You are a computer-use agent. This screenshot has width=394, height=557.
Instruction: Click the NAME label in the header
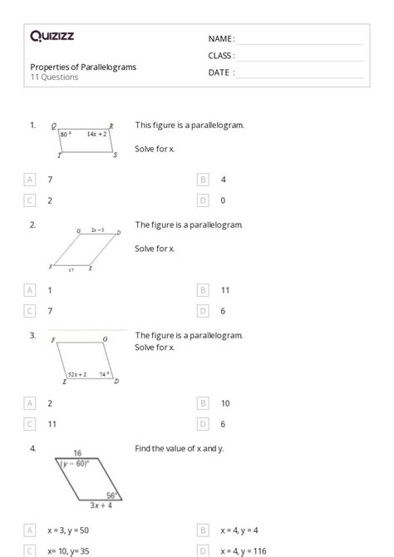point(220,39)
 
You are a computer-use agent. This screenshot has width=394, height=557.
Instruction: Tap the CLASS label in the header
point(221,56)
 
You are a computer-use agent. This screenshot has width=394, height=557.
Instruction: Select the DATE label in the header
point(220,72)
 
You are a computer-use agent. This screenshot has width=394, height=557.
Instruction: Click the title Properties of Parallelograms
point(83,67)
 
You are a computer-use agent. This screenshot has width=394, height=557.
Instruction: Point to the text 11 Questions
point(54,77)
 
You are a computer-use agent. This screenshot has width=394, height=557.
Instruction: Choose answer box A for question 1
point(31,180)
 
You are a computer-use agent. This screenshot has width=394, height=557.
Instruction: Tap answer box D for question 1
point(203,200)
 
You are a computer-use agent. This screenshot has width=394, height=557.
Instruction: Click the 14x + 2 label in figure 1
point(97,133)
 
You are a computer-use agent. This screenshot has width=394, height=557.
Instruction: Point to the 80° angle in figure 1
point(67,133)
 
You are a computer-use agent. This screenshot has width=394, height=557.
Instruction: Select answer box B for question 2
point(203,290)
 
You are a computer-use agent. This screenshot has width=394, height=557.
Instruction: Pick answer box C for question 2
point(31,311)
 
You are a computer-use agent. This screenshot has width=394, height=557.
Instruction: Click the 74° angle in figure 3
point(105,374)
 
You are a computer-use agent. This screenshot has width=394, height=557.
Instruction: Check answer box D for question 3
point(203,423)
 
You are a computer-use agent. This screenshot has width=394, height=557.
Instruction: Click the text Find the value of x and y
point(179,448)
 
